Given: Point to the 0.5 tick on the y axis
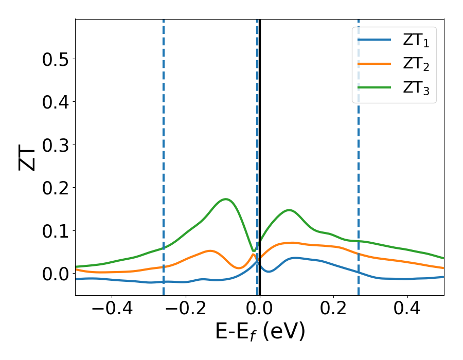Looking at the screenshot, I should [56, 59].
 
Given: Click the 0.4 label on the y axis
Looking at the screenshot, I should [56, 102].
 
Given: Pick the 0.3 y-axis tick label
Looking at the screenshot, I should [56, 145].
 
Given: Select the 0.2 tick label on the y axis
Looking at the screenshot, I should [56, 188].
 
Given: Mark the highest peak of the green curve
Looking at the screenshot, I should [225, 199].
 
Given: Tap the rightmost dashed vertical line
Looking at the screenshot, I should [359, 154].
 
